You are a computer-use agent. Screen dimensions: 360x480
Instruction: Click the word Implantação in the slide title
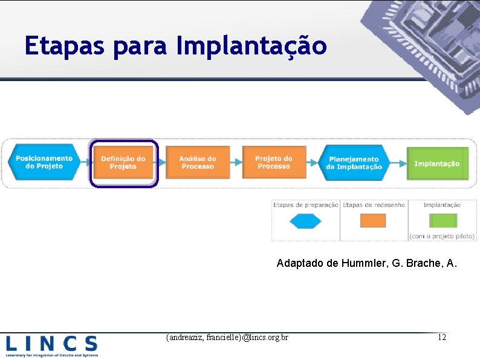click(x=251, y=46)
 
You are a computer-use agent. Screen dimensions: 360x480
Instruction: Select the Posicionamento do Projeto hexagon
click(x=44, y=162)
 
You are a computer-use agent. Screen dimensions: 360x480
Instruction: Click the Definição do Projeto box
click(x=123, y=163)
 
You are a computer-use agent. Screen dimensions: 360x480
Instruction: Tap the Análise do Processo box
click(x=197, y=162)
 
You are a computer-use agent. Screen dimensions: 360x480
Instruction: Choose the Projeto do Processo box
click(x=273, y=162)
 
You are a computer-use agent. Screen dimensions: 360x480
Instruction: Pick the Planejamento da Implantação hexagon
click(x=354, y=163)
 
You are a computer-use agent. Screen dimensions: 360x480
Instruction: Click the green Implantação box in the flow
click(x=437, y=163)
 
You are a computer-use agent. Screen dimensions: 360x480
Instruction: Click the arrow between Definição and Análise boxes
click(x=160, y=162)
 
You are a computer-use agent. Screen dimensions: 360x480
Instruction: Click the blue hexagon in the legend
click(x=305, y=221)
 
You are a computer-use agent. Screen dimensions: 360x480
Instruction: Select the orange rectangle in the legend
click(x=373, y=221)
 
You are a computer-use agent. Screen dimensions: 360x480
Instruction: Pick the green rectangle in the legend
click(x=442, y=220)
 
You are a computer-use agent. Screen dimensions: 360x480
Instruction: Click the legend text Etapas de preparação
click(x=305, y=205)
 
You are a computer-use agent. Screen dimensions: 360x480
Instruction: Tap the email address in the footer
click(x=227, y=336)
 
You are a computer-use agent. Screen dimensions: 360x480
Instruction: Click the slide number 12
click(x=442, y=336)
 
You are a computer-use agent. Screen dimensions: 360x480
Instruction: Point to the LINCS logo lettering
click(x=52, y=344)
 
